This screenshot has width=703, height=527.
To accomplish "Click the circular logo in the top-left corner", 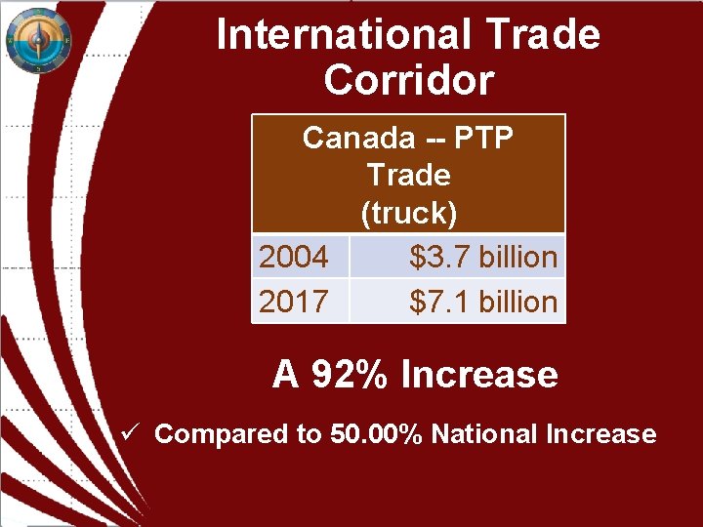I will pos(39,40).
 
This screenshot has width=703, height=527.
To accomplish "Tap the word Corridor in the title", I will pos(408,80).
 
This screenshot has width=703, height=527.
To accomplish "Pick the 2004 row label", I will pos(294,258).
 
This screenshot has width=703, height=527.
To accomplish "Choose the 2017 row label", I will pos(294,302).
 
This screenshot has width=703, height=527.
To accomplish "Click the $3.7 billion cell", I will pos(483,258).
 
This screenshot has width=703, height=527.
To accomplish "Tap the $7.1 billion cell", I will pos(483,302).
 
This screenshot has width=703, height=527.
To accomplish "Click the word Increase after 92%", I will pos(479,375).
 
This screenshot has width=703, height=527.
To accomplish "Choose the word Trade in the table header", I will pos(409,176).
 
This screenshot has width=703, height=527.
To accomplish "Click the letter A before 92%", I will pos(285,375).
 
